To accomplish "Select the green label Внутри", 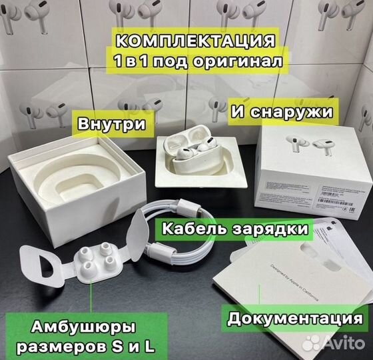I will (x=112, y=125).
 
